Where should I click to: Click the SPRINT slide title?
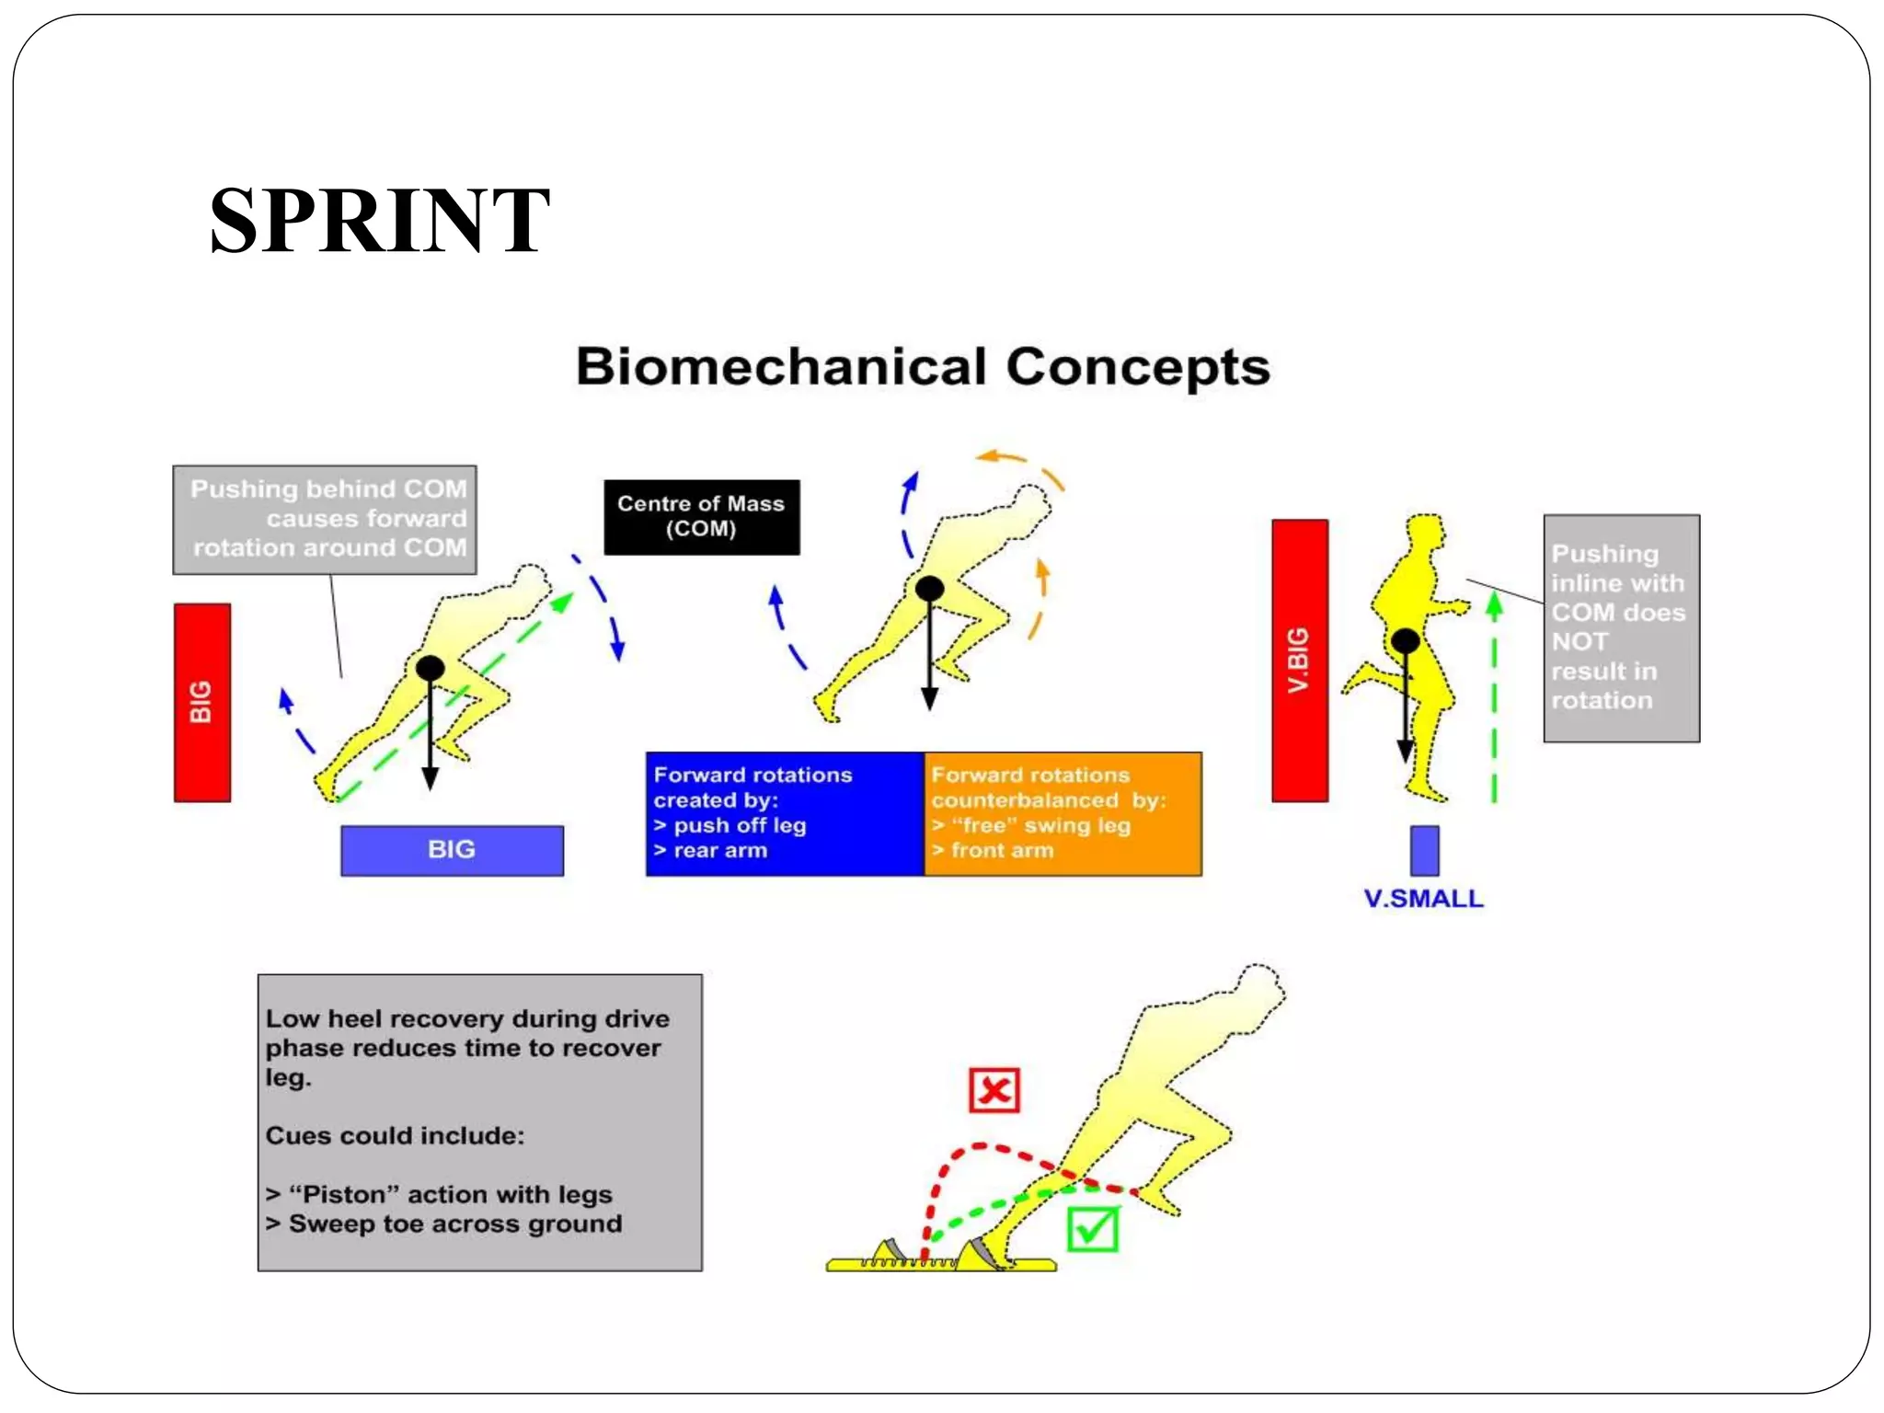click(x=379, y=221)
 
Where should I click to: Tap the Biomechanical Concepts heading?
click(x=923, y=367)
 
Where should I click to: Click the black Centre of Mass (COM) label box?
click(x=701, y=517)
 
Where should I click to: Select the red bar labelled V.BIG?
click(x=1299, y=661)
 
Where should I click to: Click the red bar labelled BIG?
click(x=201, y=703)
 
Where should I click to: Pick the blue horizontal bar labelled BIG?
click(x=452, y=850)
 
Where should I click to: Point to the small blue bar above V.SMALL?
click(x=1424, y=850)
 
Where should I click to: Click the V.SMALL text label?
click(x=1423, y=899)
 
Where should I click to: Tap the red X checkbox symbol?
click(x=994, y=1091)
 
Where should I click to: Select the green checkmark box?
click(x=1093, y=1229)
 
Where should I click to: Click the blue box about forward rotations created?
click(x=785, y=813)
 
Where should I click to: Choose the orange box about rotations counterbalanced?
click(x=1063, y=813)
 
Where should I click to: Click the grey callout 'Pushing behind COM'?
click(x=325, y=520)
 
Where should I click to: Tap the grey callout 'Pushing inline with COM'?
click(x=1621, y=628)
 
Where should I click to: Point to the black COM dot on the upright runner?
click(x=1405, y=641)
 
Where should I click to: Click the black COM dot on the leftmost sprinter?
click(x=430, y=668)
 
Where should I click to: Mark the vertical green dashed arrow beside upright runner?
click(x=1494, y=699)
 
